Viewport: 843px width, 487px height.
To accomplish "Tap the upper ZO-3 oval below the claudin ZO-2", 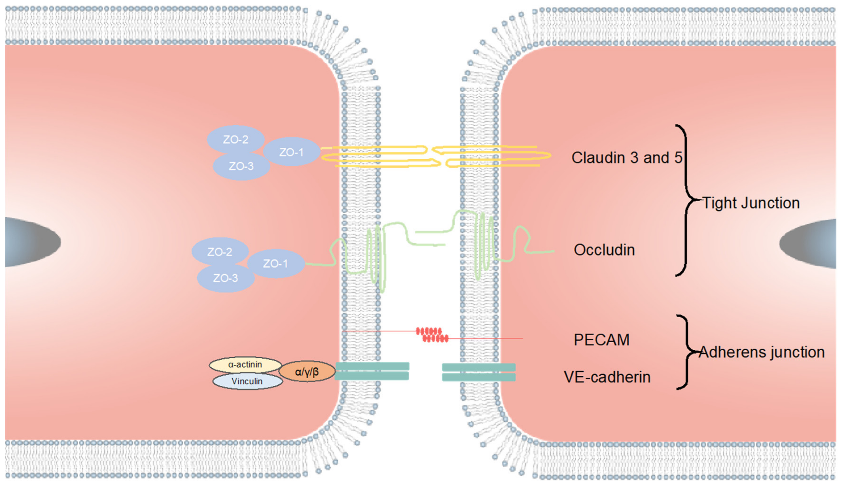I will point(241,166).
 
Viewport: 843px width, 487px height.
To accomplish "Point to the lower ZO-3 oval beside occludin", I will point(225,278).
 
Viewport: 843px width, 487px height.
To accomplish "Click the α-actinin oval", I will point(245,364).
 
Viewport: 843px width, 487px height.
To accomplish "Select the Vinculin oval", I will point(247,381).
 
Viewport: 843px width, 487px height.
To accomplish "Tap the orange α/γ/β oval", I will point(307,372).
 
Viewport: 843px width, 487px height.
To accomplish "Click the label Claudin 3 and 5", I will point(627,158).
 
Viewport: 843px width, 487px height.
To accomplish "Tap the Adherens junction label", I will point(762,352).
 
